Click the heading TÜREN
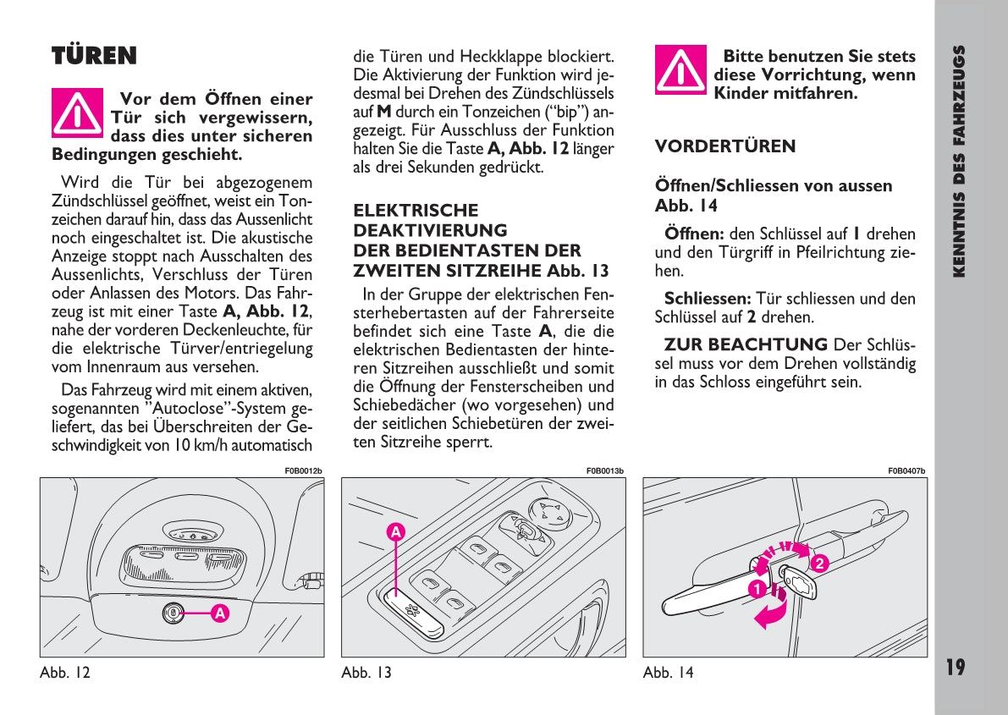pyautogui.click(x=94, y=57)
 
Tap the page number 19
pyautogui.click(x=955, y=668)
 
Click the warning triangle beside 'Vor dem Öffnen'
pyautogui.click(x=77, y=113)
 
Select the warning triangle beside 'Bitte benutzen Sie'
pyautogui.click(x=680, y=70)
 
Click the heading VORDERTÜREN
pyautogui.click(x=724, y=146)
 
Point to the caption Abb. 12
pyautogui.click(x=64, y=674)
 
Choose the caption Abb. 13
pyautogui.click(x=366, y=674)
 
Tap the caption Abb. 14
pyautogui.click(x=668, y=674)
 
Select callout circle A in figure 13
pyautogui.click(x=395, y=532)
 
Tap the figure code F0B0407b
pyautogui.click(x=906, y=470)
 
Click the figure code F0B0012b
pyautogui.click(x=303, y=470)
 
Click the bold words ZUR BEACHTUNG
pyautogui.click(x=746, y=344)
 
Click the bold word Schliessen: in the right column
pyautogui.click(x=708, y=299)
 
